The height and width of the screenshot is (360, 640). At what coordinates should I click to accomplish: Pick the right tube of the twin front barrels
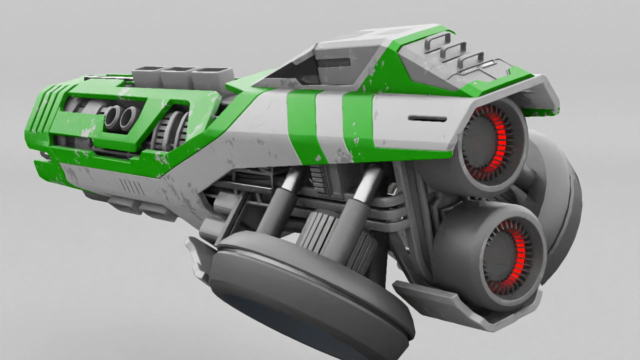(x=127, y=118)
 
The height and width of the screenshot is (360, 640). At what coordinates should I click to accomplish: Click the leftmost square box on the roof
(x=147, y=75)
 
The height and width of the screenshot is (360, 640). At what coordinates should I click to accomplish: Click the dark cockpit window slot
(x=334, y=63)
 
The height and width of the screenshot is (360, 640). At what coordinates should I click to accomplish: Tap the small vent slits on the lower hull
(x=131, y=187)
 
